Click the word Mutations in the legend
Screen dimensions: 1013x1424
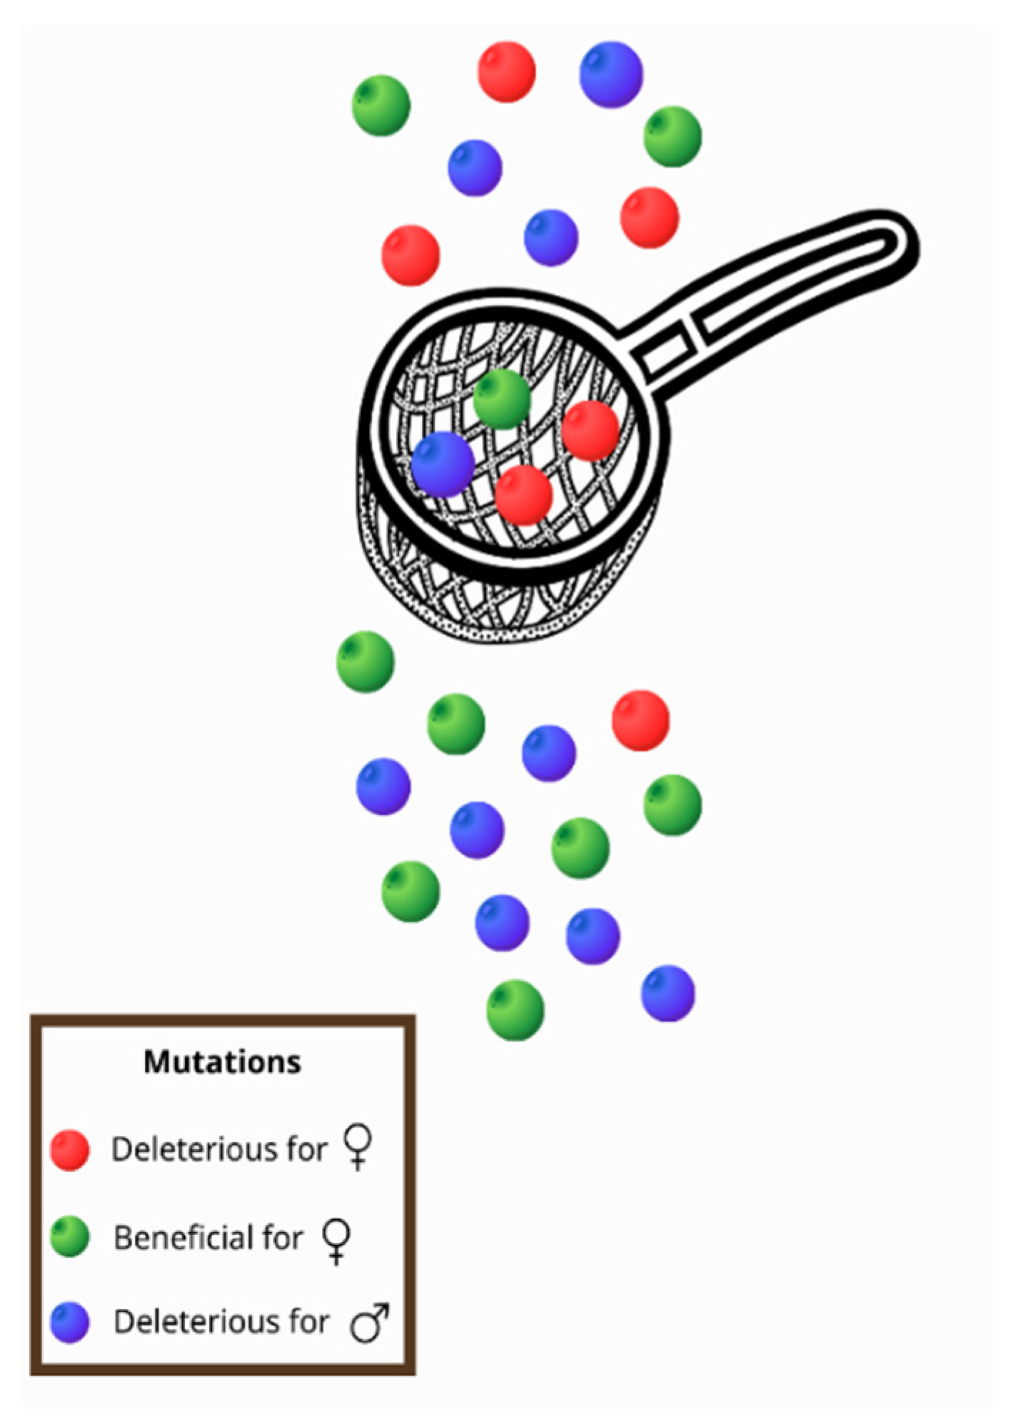click(222, 1062)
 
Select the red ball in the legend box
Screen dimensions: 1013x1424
click(70, 1150)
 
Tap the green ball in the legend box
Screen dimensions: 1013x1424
click(70, 1237)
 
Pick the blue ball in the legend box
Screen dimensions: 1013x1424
click(70, 1323)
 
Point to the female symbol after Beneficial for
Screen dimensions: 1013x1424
click(336, 1240)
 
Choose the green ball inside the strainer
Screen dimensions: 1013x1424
click(502, 399)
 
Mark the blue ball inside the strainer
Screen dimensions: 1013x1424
click(443, 464)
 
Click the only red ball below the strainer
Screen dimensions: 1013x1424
click(640, 720)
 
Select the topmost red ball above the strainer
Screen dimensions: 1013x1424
click(506, 71)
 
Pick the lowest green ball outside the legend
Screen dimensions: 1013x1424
click(515, 1010)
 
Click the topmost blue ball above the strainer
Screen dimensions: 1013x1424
click(611, 74)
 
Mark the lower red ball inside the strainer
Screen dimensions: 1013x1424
click(523, 495)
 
